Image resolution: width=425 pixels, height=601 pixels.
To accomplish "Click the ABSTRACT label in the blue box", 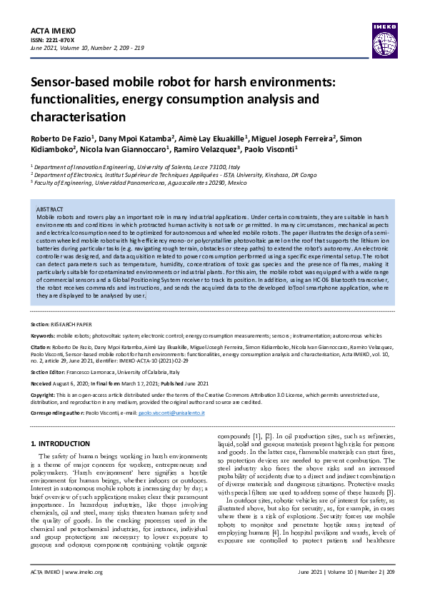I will point(50,208).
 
